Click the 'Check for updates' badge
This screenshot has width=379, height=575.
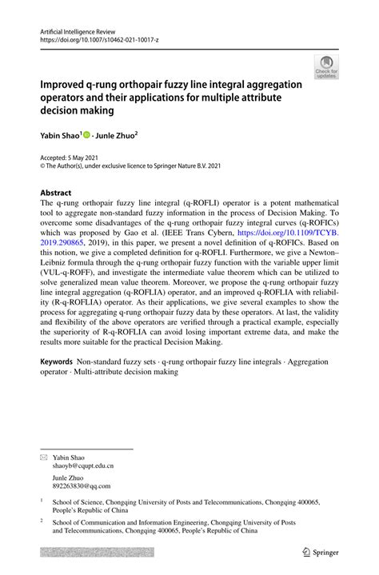tap(326, 67)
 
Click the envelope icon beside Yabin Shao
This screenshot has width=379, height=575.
tap(44, 434)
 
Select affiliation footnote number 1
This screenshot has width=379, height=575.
tap(42, 500)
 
